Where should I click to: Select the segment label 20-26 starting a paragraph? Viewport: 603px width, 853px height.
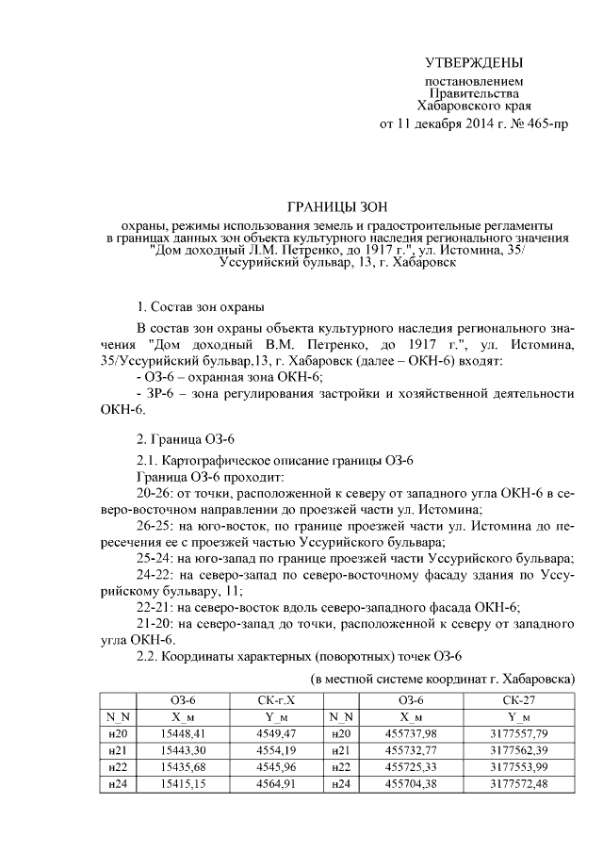click(x=154, y=493)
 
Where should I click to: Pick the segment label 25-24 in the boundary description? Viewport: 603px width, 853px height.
click(x=154, y=558)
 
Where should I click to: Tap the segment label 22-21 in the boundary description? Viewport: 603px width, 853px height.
click(x=154, y=606)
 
